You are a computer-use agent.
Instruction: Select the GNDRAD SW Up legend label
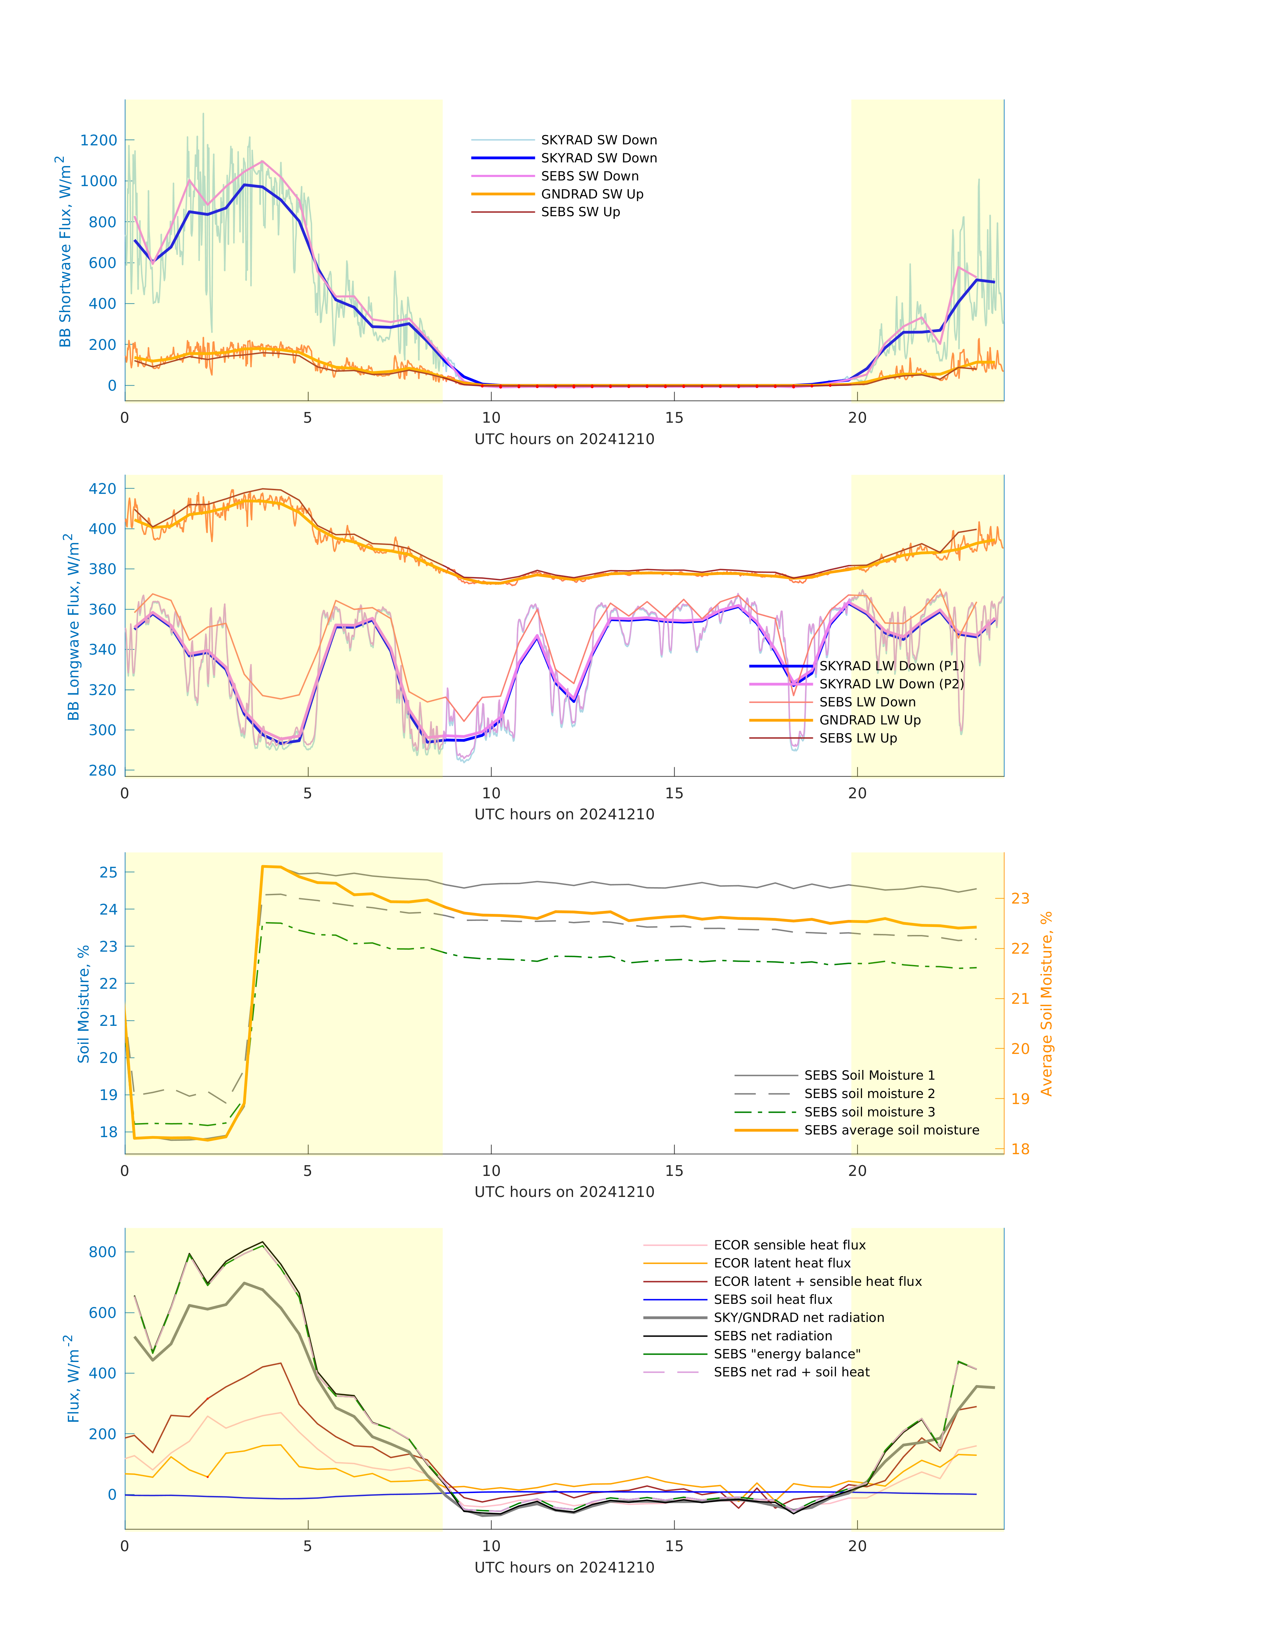pyautogui.click(x=592, y=194)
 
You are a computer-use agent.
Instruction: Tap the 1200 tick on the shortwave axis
pyautogui.click(x=99, y=141)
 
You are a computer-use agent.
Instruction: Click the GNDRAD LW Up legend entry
pyautogui.click(x=869, y=720)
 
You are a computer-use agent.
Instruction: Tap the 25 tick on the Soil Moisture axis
pyautogui.click(x=109, y=872)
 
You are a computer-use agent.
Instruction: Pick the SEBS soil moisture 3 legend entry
pyautogui.click(x=869, y=1113)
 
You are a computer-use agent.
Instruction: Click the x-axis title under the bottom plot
pyautogui.click(x=564, y=1568)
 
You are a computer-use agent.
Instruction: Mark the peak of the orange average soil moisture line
pyautogui.click(x=263, y=866)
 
